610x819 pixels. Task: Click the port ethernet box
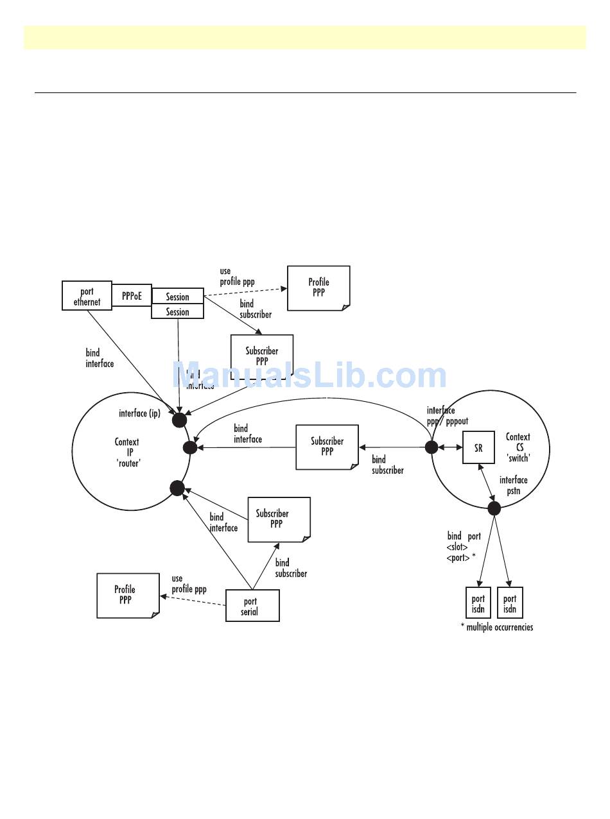point(87,296)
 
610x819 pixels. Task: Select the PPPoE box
point(132,296)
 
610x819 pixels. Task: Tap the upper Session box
point(178,297)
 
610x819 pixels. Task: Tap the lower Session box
point(178,312)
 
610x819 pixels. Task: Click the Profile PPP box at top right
point(318,288)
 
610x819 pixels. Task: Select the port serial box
point(252,605)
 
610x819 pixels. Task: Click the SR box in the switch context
point(478,447)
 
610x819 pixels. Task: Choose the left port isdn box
point(478,603)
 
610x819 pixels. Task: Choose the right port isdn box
point(510,603)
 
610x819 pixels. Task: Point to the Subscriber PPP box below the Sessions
point(261,357)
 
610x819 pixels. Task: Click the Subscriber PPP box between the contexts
point(327,446)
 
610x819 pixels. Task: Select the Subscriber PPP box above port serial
point(279,519)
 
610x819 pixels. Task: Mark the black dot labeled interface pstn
point(494,508)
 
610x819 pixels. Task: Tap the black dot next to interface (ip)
point(179,420)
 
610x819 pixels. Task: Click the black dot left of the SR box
point(431,447)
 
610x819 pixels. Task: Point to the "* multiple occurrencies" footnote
point(496,627)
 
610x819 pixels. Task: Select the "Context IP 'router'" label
point(127,452)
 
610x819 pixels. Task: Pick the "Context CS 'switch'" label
point(518,447)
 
